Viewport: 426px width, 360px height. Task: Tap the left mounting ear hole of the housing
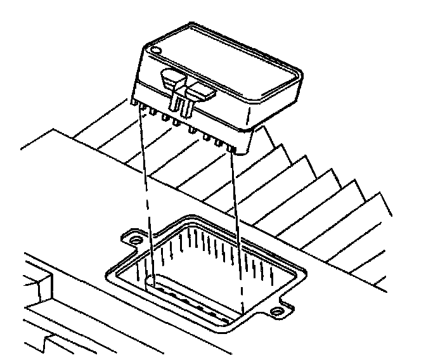pos(134,241)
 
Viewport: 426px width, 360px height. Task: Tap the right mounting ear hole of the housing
pos(277,311)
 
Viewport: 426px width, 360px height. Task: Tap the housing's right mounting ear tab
pos(279,309)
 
